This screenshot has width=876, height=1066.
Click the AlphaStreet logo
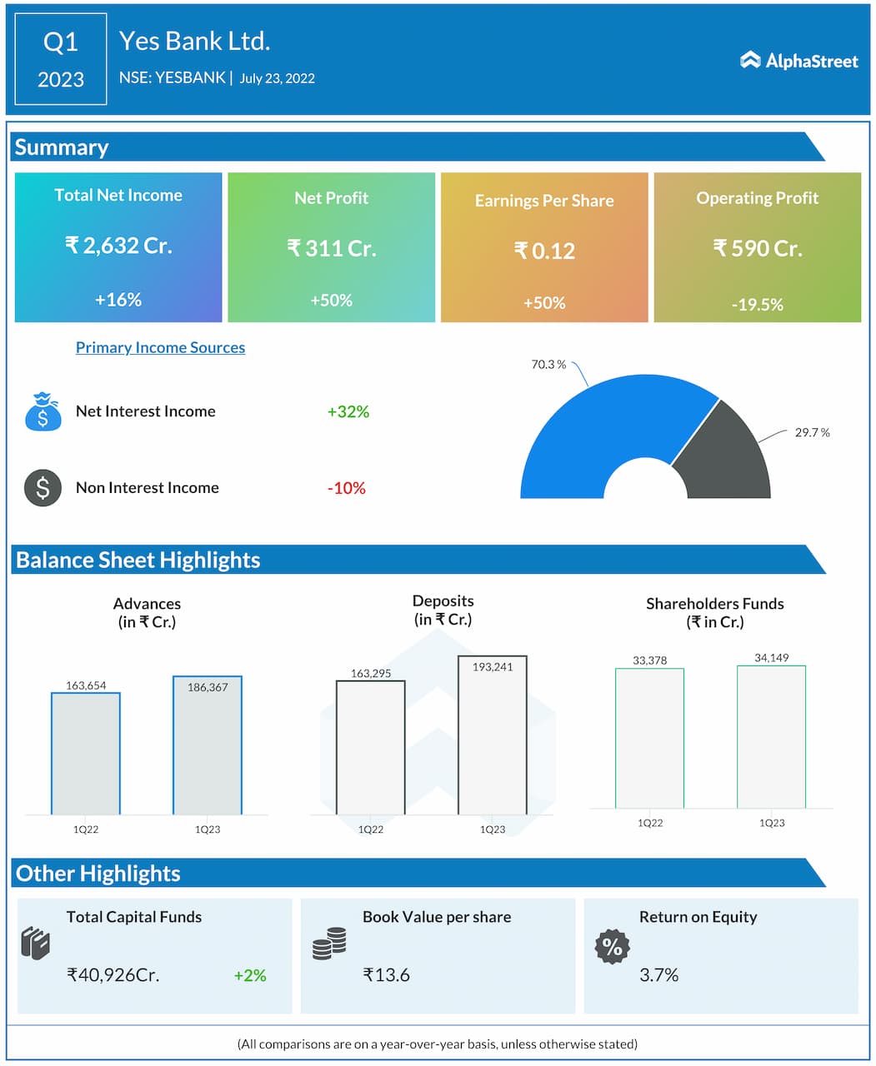point(798,61)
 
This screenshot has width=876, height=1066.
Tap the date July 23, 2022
point(277,78)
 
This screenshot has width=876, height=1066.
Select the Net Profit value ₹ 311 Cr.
point(331,248)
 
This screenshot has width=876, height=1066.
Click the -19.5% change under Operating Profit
point(757,305)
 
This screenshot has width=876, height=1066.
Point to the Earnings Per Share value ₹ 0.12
point(544,251)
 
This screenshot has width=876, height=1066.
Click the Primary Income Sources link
point(160,347)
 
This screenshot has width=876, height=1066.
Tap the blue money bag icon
point(43,411)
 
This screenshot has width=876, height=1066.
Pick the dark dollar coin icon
point(43,488)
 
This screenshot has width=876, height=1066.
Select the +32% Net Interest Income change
point(348,411)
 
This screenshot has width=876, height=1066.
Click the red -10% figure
point(346,488)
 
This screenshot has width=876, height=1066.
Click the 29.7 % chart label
point(812,432)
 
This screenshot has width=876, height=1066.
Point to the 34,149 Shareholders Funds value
point(771,658)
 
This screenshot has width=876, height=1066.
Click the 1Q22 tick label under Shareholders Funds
point(650,823)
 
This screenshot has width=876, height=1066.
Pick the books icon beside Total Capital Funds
point(36,944)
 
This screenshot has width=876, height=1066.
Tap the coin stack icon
point(329,944)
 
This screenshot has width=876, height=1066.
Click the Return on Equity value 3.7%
point(658,975)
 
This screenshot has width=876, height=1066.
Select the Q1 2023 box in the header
point(61,59)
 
